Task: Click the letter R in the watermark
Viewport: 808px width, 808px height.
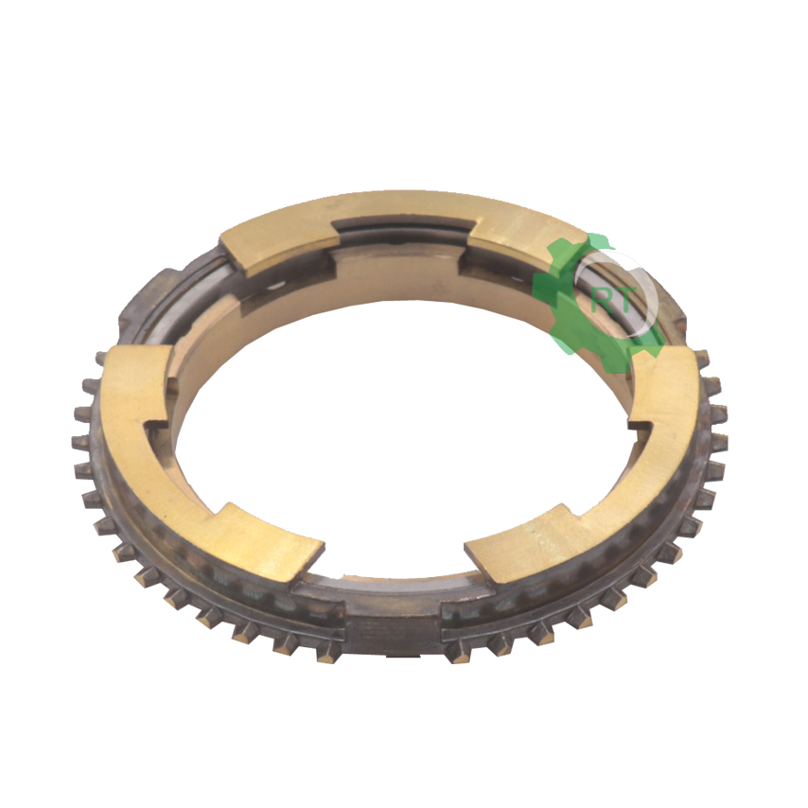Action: tap(601, 301)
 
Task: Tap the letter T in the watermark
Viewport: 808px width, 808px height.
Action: tap(621, 301)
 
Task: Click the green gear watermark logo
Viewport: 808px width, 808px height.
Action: tap(598, 303)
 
